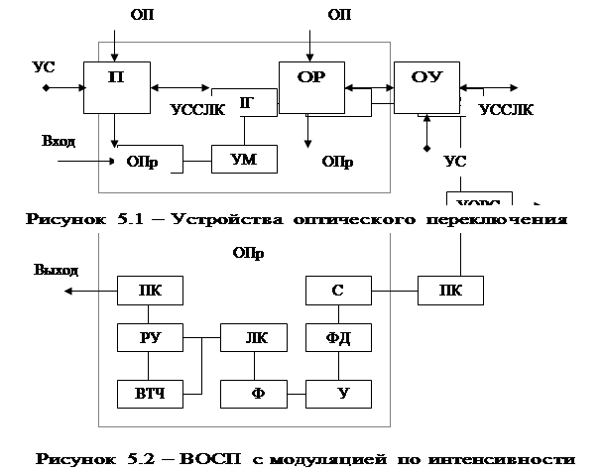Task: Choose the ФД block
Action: [x=337, y=339]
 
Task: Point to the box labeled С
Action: [x=337, y=291]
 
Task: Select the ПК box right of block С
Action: [x=450, y=291]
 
